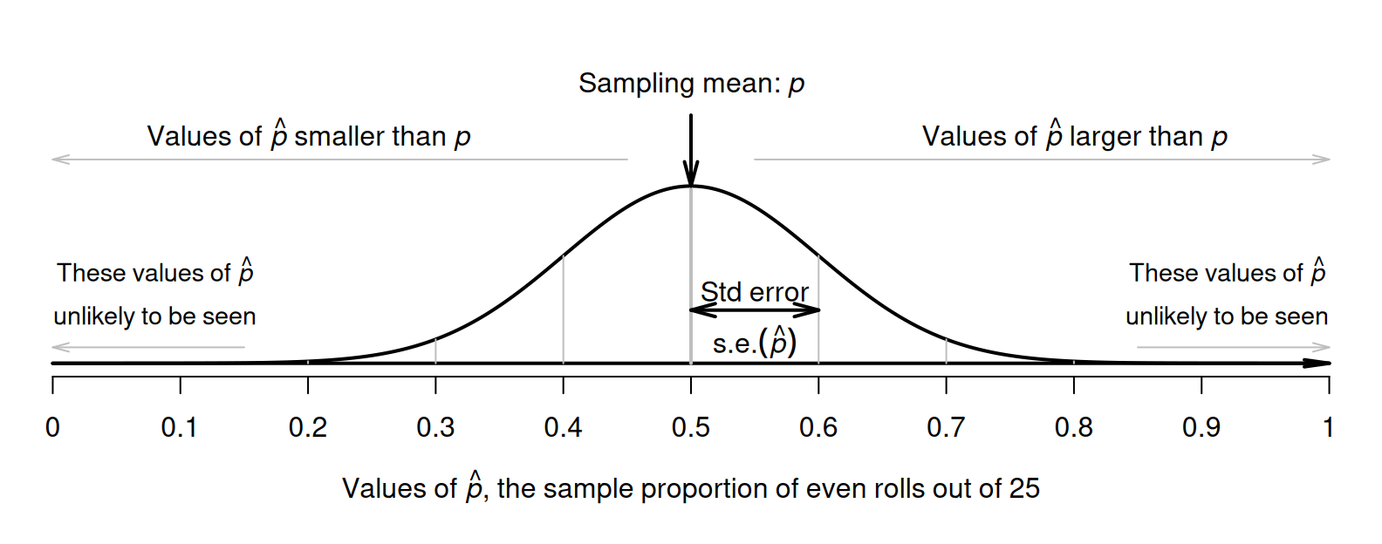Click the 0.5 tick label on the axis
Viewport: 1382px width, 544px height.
(691, 427)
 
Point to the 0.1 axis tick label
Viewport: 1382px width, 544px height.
(180, 427)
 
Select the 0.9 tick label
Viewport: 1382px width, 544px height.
(1201, 427)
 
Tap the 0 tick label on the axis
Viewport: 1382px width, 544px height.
(53, 427)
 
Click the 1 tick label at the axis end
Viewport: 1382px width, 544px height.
(1328, 427)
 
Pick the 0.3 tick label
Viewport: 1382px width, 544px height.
(435, 427)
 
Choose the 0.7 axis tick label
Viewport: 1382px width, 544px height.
(946, 427)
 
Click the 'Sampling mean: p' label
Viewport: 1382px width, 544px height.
(691, 84)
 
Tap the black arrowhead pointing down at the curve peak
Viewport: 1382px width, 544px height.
(691, 174)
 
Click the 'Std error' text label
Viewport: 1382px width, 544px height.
(755, 291)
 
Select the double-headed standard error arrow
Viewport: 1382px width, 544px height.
(755, 309)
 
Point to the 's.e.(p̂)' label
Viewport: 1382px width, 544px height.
(755, 343)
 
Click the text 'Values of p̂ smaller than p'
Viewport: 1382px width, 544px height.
(309, 136)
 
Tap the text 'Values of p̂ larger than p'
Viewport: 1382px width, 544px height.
(1074, 136)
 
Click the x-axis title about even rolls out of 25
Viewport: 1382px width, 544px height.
(691, 487)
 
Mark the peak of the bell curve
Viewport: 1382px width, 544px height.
(691, 187)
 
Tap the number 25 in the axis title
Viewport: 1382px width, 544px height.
(1024, 488)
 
